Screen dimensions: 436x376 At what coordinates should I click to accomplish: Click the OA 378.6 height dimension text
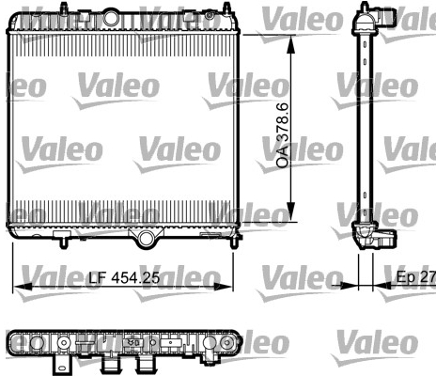pos(283,135)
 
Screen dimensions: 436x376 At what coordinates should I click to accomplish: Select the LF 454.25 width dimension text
pos(124,277)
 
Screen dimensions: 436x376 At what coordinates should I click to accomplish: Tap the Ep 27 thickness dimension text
pos(416,277)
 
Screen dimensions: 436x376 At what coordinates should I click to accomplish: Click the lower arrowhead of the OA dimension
pos(291,211)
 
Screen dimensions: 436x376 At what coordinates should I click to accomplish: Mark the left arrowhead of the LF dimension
pos(23,287)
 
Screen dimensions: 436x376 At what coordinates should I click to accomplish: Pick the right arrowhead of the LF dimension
pos(223,287)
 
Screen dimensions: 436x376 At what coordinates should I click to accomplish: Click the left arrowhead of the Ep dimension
pos(349,286)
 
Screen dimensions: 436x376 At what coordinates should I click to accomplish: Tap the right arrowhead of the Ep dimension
pos(382,286)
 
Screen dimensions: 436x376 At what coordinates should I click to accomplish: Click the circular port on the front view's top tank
pos(111,18)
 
